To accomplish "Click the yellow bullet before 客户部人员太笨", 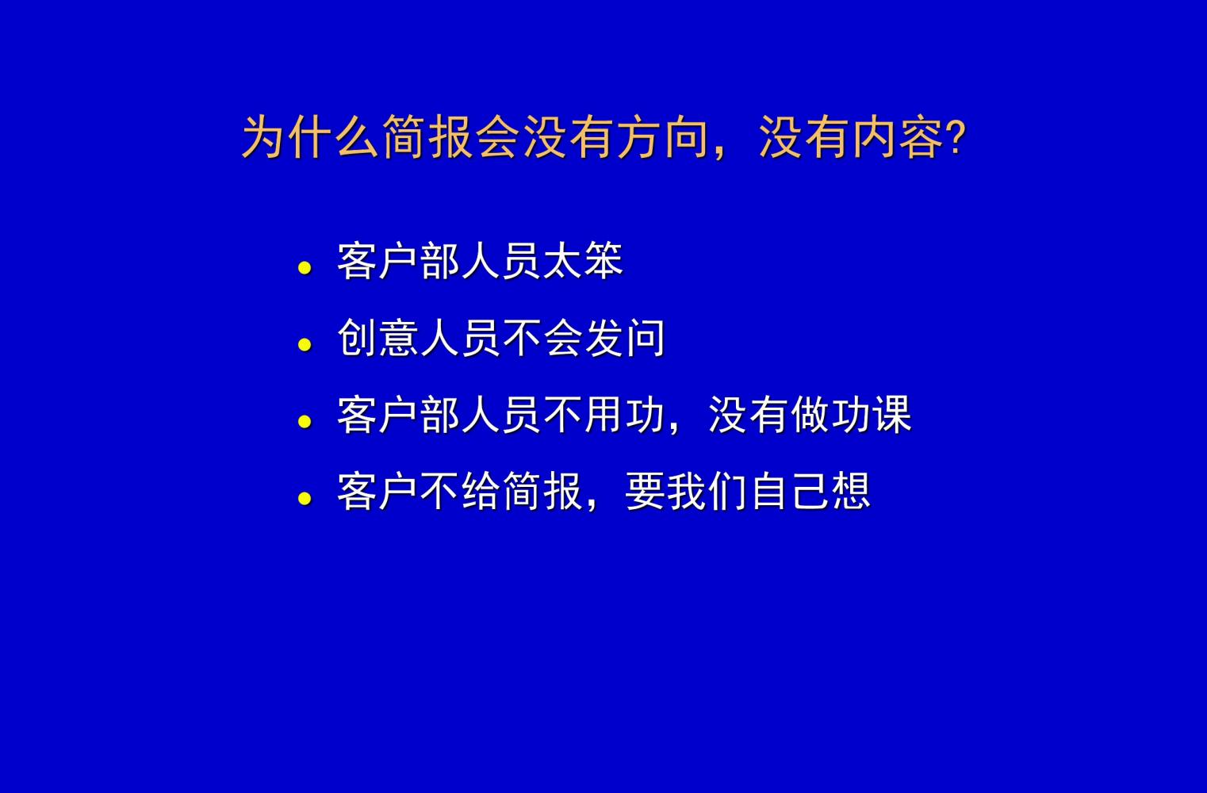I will tap(305, 268).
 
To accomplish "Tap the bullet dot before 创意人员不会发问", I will tap(305, 345).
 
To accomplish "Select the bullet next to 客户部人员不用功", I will tap(305, 422).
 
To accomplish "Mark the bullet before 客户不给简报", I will tap(305, 499).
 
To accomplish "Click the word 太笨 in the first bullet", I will tap(583, 261).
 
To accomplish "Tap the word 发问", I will tap(624, 338).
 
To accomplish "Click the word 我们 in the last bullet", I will tap(707, 492).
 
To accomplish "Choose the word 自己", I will tap(790, 492).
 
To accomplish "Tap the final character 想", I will tap(851, 492).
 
